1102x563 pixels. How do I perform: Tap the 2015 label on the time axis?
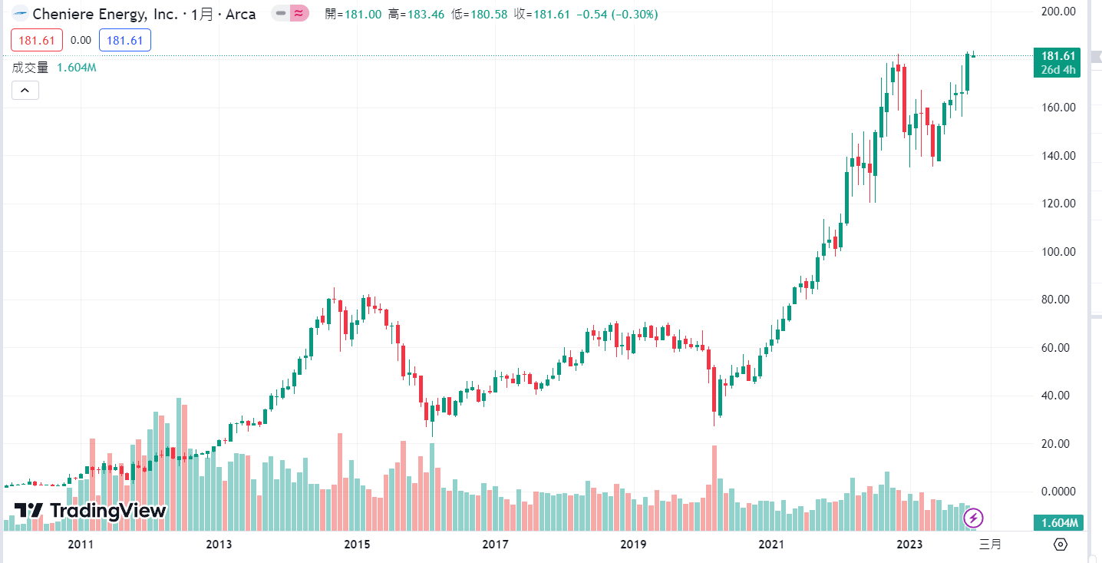357,545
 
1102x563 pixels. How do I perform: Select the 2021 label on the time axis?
771,545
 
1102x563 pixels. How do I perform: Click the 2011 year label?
81,545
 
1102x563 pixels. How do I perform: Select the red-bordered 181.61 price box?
37,40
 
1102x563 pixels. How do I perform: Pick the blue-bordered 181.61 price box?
125,40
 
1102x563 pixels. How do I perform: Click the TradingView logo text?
107,511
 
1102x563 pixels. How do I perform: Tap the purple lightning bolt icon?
974,518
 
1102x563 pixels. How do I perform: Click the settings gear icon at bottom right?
1061,545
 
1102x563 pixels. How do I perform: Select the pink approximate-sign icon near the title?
299,14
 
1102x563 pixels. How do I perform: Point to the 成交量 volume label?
31,68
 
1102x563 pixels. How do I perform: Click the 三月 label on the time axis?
990,545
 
